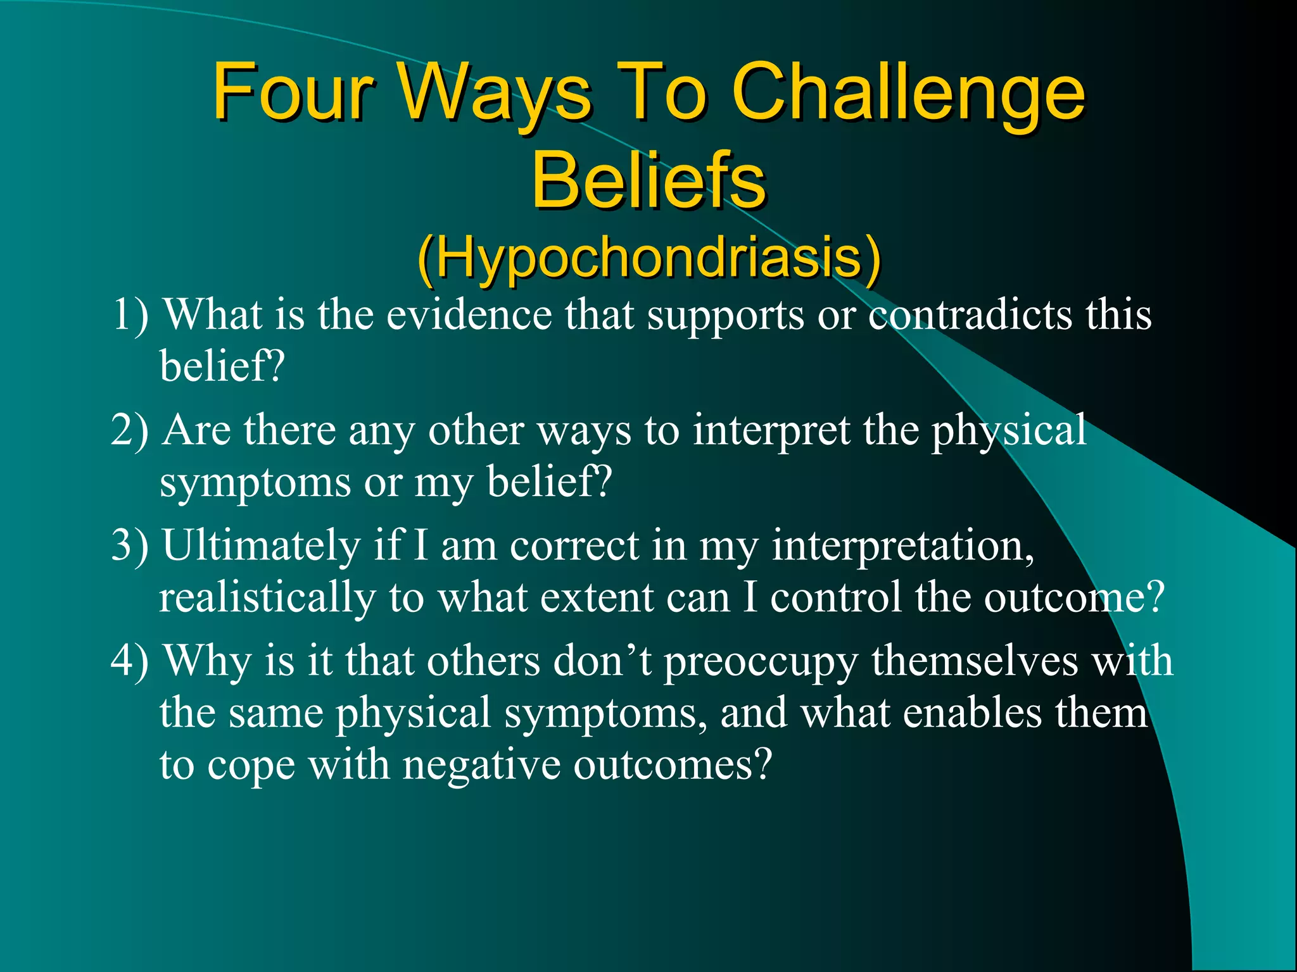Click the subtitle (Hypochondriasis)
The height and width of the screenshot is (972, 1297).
pyautogui.click(x=648, y=258)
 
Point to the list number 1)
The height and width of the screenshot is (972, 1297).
pyautogui.click(x=130, y=315)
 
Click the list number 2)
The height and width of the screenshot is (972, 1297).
pyautogui.click(x=130, y=430)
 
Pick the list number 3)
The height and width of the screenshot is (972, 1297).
pyautogui.click(x=130, y=545)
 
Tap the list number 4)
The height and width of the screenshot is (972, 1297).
pyautogui.click(x=130, y=661)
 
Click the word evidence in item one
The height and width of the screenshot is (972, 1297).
pyautogui.click(x=469, y=315)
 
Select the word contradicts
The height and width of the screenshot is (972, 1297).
pyautogui.click(x=970, y=315)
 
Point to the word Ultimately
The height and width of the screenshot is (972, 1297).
pyautogui.click(x=260, y=545)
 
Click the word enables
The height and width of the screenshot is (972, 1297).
pyautogui.click(x=971, y=713)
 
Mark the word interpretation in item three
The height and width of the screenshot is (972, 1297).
pyautogui.click(x=903, y=545)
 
